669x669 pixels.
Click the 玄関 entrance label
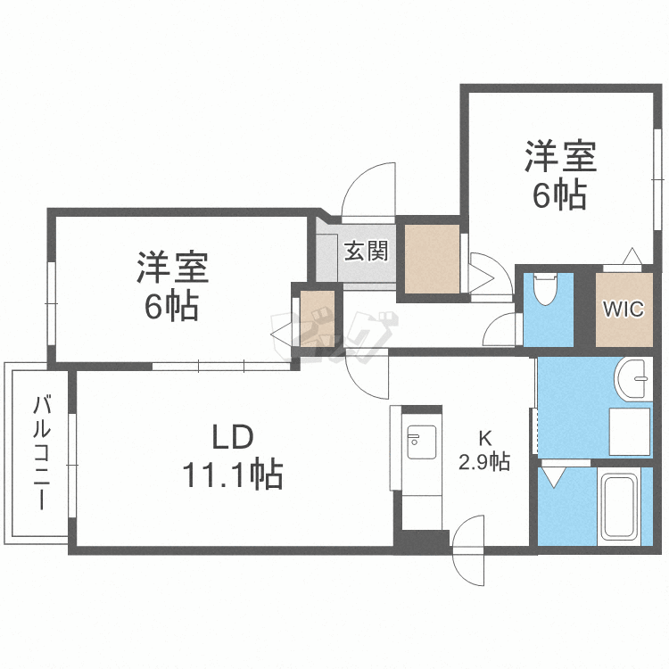click(366, 251)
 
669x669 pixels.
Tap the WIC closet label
click(624, 309)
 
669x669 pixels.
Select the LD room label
click(233, 437)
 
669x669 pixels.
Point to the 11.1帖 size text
click(233, 474)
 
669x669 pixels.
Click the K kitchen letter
click(484, 438)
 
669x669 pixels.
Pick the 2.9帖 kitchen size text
click(484, 461)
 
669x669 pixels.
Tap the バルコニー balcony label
click(42, 452)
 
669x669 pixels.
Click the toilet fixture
click(545, 289)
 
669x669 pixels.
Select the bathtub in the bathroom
click(619, 507)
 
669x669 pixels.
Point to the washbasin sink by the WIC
click(633, 379)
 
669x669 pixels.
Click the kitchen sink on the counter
click(422, 442)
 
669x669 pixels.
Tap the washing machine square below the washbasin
click(630, 432)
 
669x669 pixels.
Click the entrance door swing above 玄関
click(368, 192)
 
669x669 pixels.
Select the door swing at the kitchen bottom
click(468, 550)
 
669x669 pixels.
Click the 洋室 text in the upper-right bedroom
click(560, 157)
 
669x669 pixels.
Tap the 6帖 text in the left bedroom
click(171, 305)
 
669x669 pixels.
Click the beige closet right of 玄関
click(432, 259)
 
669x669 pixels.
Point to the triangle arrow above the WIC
click(632, 256)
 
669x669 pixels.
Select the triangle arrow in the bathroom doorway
click(553, 477)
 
